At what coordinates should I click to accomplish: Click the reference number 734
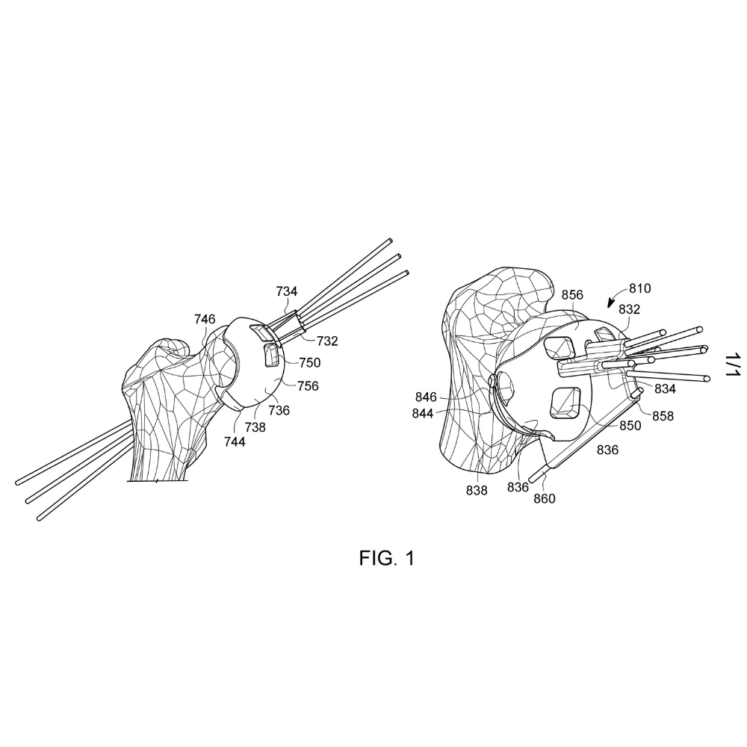(x=287, y=291)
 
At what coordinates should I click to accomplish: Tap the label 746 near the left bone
(x=205, y=319)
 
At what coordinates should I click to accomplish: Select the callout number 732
(x=327, y=341)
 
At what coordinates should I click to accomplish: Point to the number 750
(x=310, y=363)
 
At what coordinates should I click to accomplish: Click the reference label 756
(x=309, y=386)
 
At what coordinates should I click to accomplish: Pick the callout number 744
(x=235, y=442)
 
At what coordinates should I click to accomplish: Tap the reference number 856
(x=572, y=295)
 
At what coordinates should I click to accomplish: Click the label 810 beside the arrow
(x=640, y=288)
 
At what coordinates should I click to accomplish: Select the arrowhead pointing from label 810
(x=611, y=304)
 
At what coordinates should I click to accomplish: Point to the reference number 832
(x=629, y=310)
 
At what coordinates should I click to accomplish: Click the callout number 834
(x=665, y=389)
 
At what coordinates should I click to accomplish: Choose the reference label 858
(x=663, y=416)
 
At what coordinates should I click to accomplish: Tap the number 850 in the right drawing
(x=630, y=426)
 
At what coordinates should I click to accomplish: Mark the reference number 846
(x=426, y=397)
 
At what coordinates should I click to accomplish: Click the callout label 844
(x=423, y=414)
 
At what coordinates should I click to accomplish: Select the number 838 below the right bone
(x=477, y=490)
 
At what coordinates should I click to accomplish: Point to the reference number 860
(x=545, y=498)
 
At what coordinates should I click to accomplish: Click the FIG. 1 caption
(x=387, y=558)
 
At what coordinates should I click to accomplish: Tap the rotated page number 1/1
(x=732, y=365)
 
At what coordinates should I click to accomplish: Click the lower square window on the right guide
(x=565, y=403)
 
